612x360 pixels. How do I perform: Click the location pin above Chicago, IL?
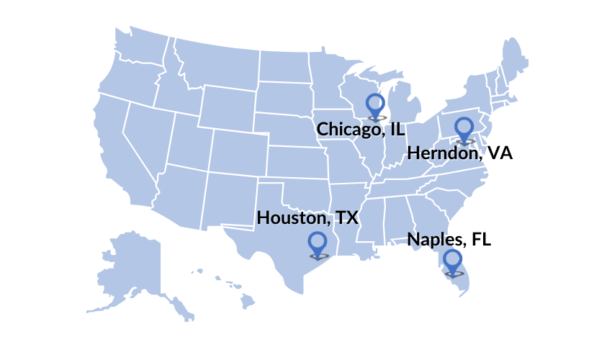pos(374,105)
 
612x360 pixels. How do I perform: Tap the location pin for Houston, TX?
pos(318,244)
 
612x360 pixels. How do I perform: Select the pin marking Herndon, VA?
pos(464,129)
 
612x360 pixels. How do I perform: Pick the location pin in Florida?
pos(453,262)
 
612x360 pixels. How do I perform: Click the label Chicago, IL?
pos(361,130)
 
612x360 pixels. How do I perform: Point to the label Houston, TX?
pos(307,217)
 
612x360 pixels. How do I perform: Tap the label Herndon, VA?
pos(459,153)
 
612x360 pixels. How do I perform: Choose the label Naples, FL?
pos(449,240)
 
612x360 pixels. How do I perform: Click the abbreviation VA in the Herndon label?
pos(500,153)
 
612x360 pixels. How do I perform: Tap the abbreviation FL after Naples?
pos(482,240)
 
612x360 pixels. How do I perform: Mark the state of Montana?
pos(216,61)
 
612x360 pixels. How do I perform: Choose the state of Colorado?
pos(238,151)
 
